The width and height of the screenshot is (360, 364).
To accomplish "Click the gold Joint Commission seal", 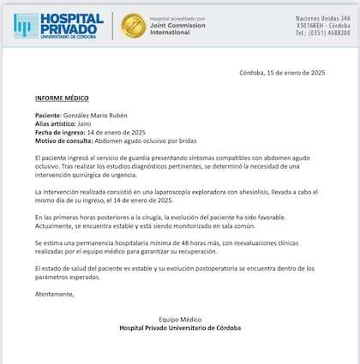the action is (x=133, y=26).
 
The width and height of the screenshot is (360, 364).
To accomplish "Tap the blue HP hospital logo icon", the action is (x=25, y=26).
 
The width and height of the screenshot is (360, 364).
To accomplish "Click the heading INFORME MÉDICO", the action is (x=63, y=98).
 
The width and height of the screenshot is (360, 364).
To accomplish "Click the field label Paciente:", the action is (x=49, y=115).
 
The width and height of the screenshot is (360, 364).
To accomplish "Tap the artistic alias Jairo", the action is (x=86, y=123).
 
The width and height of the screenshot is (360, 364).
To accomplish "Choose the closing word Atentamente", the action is (x=55, y=294).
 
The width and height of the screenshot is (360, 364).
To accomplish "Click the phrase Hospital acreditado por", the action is (x=177, y=17).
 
